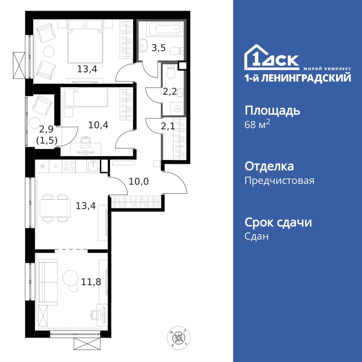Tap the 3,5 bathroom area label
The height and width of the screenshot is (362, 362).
(159, 49)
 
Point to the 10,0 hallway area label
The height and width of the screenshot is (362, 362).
(139, 181)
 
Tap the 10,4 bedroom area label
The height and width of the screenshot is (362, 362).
(98, 125)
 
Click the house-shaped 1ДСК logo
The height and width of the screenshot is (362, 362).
(271, 58)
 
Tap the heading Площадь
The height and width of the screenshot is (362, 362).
(272, 110)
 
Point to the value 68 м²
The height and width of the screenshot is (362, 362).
(258, 125)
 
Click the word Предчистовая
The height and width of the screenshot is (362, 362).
(279, 181)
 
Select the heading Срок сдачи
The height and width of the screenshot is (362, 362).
(278, 222)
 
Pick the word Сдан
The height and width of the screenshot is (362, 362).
(257, 237)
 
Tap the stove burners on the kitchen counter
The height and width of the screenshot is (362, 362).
(69, 166)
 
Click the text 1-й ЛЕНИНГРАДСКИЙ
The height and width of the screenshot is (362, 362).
(298, 78)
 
